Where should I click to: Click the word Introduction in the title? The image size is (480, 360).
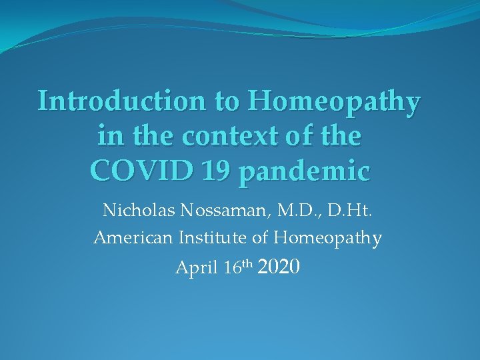tap(122, 101)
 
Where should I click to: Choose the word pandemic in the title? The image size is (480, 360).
tap(303, 172)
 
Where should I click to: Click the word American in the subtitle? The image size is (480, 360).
tap(133, 237)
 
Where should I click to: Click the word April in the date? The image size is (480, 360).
tap(197, 269)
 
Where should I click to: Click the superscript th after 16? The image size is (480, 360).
tap(247, 265)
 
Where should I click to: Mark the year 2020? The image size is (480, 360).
tap(279, 267)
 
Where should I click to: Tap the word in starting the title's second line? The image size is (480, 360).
tap(108, 137)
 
